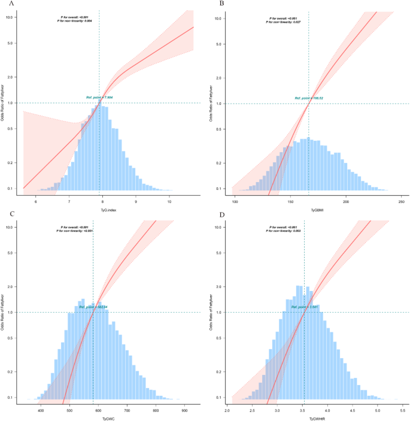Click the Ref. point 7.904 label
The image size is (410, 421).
click(x=101, y=97)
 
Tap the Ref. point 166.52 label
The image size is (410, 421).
click(x=309, y=98)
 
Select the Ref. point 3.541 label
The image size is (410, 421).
click(x=305, y=307)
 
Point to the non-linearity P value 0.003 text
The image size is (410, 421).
click(x=283, y=231)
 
